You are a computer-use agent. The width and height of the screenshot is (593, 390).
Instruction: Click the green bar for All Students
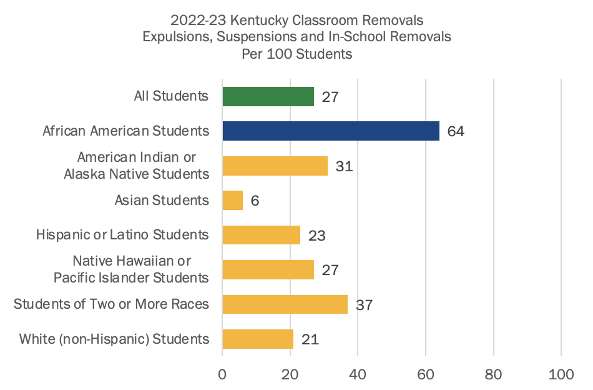tap(268, 96)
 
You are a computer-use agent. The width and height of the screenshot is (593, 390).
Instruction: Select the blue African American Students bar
tap(331, 131)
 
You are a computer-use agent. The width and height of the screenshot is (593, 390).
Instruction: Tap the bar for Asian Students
tap(233, 201)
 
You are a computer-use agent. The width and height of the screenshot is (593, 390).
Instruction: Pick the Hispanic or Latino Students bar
tap(261, 235)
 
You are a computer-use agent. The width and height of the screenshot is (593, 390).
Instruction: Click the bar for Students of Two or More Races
tap(285, 304)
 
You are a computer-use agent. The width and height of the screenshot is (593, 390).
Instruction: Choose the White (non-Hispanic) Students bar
tap(258, 339)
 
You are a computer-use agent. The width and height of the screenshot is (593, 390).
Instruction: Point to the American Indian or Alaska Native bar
tap(275, 166)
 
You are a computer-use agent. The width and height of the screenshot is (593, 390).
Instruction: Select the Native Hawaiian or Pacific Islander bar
tap(268, 270)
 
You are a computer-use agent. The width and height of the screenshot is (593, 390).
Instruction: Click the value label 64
tap(456, 132)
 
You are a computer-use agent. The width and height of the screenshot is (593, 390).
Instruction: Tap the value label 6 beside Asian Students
tap(255, 201)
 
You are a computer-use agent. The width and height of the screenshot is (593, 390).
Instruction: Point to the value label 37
tap(365, 305)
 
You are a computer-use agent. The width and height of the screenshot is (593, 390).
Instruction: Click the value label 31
tap(344, 166)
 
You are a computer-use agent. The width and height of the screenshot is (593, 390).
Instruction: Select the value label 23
tap(317, 236)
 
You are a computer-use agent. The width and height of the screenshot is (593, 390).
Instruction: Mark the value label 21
tap(310, 339)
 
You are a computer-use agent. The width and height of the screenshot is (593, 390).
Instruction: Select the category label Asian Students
tap(162, 201)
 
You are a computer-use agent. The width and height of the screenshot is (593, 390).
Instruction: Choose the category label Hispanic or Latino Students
tap(122, 235)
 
